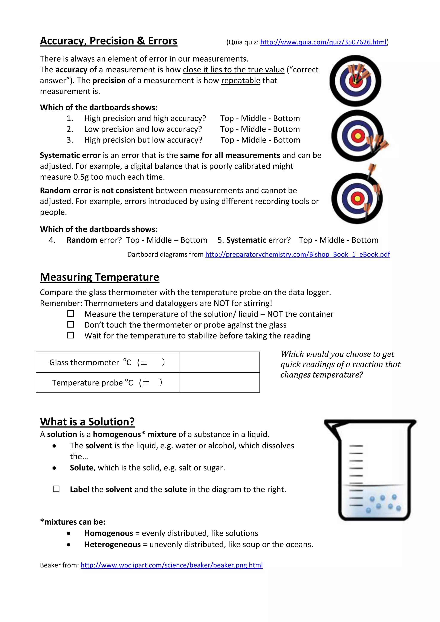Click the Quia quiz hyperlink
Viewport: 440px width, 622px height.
tap(323, 42)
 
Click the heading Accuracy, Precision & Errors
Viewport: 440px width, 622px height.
tap(108, 41)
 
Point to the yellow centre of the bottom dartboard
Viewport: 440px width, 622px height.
tap(357, 199)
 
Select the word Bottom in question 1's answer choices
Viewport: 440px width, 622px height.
tap(286, 118)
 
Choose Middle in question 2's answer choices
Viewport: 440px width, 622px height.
tap(253, 129)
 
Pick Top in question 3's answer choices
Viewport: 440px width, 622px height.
tap(227, 140)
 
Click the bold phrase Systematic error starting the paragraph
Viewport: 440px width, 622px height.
tap(70, 155)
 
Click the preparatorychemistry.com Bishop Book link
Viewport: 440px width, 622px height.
tap(297, 254)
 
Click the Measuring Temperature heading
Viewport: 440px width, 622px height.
tap(99, 277)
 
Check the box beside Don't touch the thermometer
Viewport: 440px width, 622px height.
tap(70, 324)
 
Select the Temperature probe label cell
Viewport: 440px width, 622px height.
tap(108, 382)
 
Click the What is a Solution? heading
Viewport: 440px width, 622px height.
tap(87, 422)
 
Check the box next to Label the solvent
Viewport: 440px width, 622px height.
tap(56, 489)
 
